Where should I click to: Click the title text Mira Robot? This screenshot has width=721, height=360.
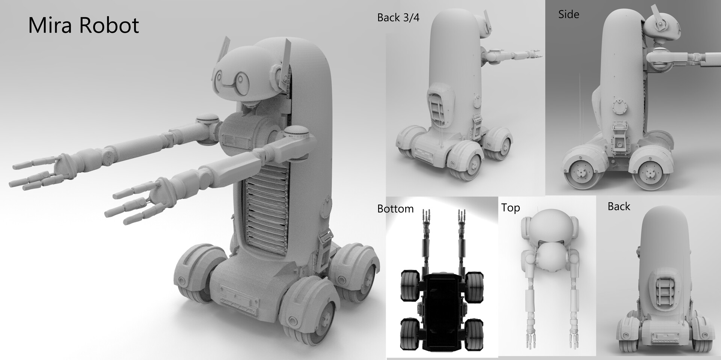(83, 26)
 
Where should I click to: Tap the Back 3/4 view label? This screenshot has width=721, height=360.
(398, 18)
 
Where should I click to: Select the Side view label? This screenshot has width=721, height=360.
(569, 15)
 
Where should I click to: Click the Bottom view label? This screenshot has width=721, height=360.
(395, 209)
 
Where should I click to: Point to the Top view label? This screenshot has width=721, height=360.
(510, 208)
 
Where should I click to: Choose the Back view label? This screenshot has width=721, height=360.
(618, 206)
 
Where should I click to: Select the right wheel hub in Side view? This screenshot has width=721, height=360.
(649, 173)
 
